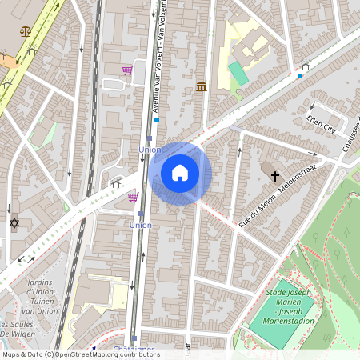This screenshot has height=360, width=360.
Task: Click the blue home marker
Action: tap(180, 173)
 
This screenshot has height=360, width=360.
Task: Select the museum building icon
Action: tap(201, 86)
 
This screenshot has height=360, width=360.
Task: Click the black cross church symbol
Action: tap(275, 176)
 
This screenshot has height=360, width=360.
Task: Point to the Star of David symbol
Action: tap(14, 222)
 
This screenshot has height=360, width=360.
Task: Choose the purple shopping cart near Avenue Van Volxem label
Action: tap(127, 70)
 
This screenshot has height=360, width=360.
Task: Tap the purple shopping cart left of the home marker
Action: tap(133, 196)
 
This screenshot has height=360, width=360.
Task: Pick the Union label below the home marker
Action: tap(140, 226)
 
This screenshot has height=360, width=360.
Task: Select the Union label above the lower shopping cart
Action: tap(150, 149)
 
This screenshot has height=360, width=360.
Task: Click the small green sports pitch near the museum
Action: tap(238, 74)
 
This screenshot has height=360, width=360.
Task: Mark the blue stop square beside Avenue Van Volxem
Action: tap(157, 120)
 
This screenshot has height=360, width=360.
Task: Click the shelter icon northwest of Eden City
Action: tap(304, 68)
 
